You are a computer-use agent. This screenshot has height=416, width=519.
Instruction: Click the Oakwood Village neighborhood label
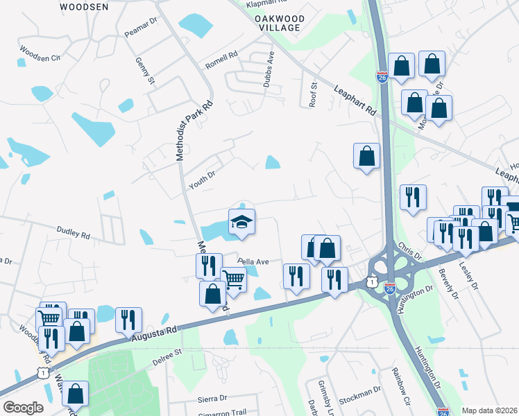277,22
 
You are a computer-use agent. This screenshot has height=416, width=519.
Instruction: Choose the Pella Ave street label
253,261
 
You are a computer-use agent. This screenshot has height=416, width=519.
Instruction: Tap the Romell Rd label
221,60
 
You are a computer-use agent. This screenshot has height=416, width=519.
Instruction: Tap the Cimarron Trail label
222,412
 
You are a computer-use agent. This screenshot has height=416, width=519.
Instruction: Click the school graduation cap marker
241,222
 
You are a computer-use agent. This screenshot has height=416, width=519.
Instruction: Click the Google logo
23,407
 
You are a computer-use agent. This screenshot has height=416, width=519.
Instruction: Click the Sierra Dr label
213,398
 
